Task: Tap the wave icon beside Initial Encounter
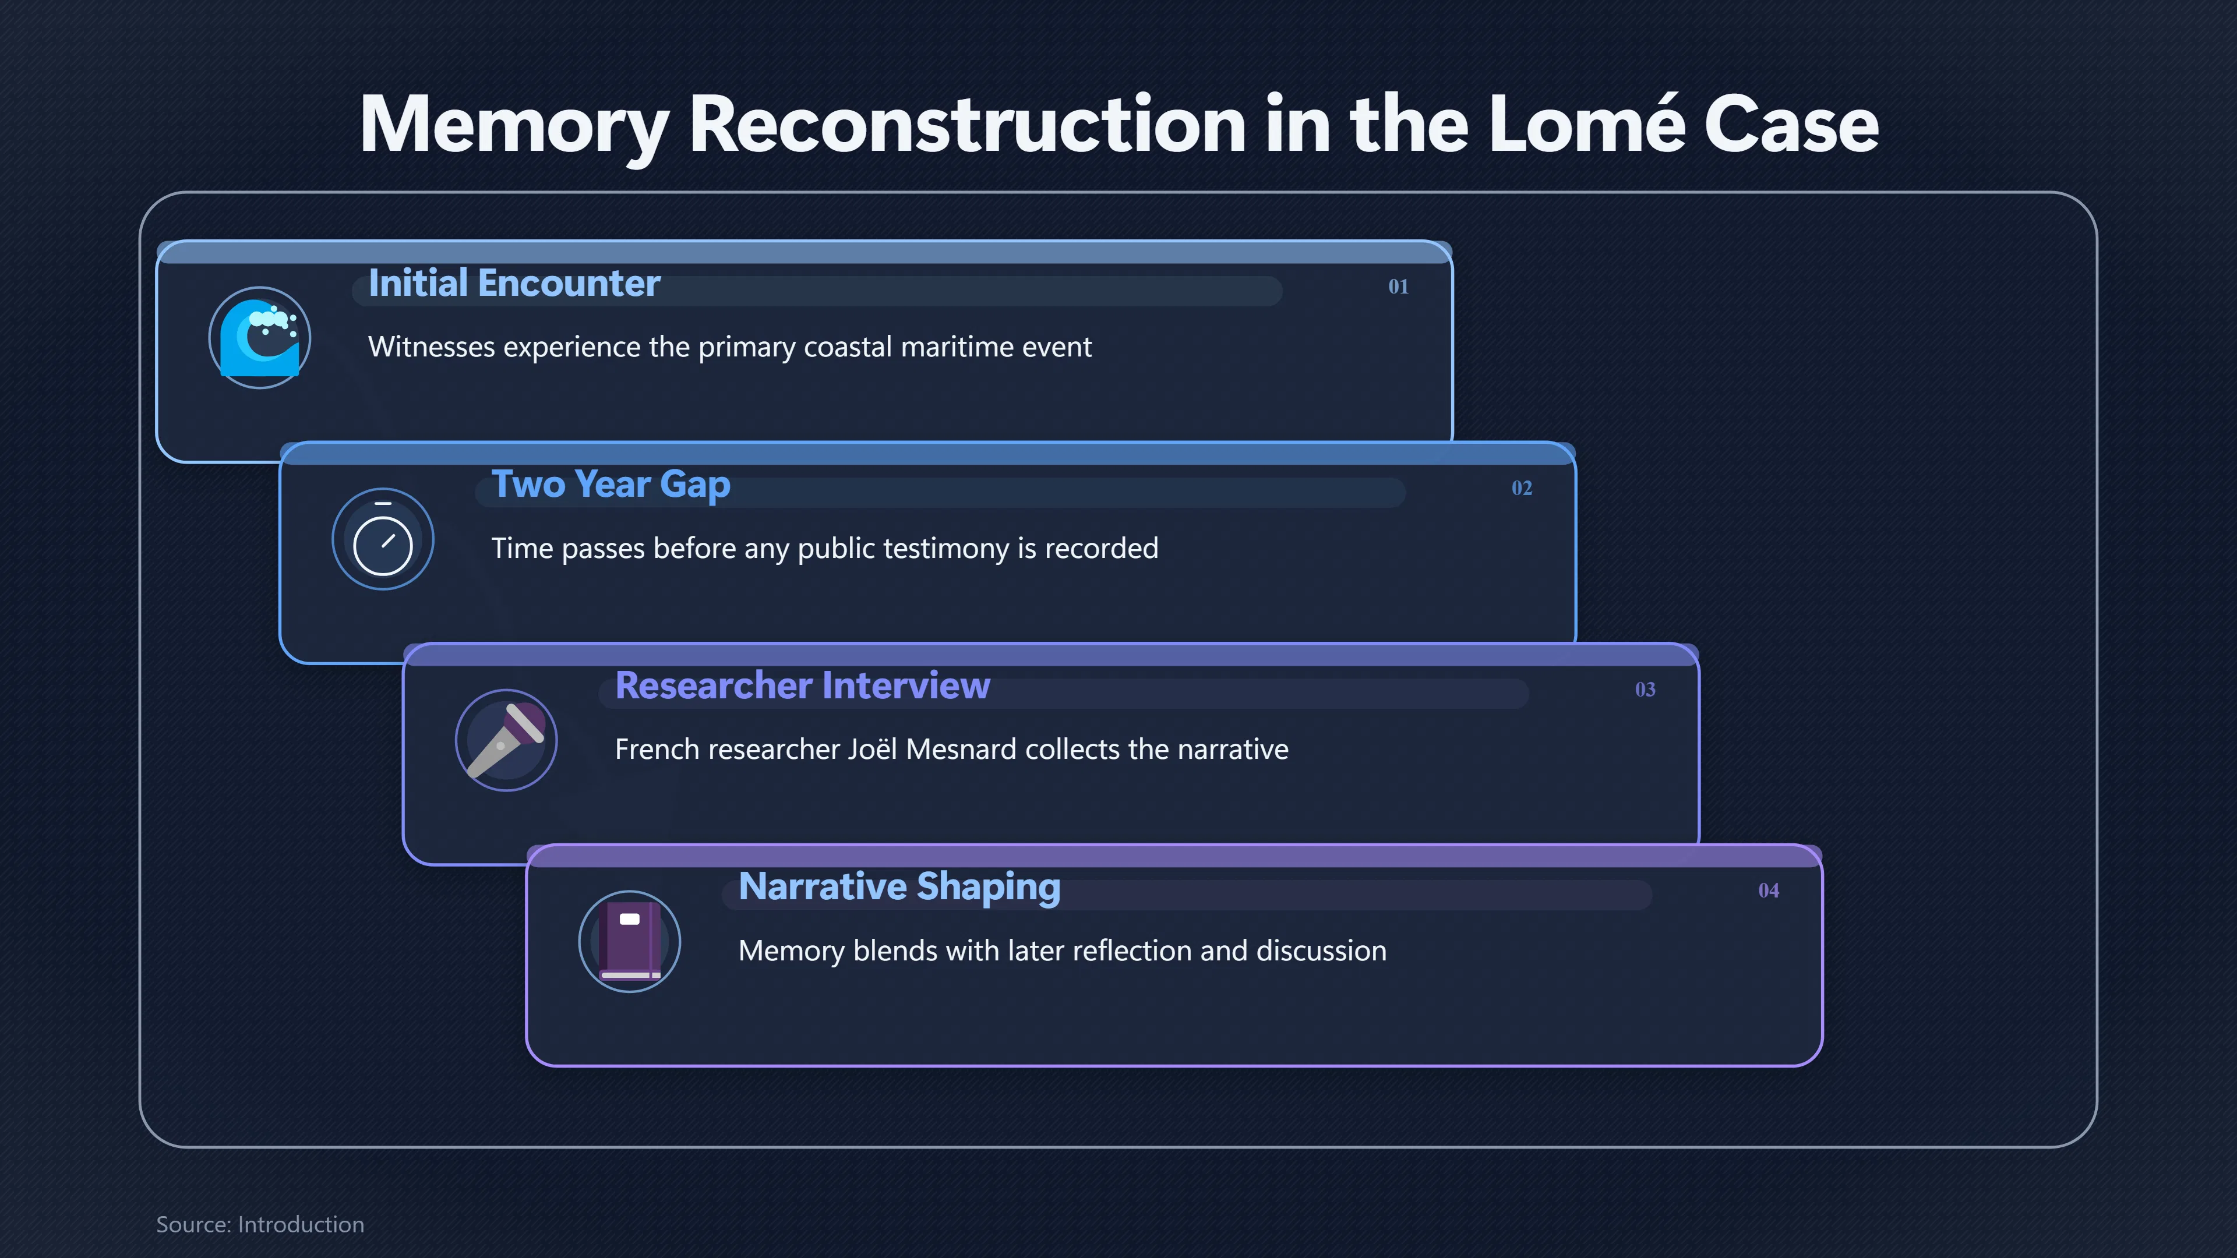tap(260, 338)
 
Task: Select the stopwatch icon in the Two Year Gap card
tap(383, 539)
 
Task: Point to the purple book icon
tap(630, 942)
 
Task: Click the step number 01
tap(1398, 287)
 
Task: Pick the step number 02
tap(1522, 488)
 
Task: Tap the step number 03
tap(1645, 690)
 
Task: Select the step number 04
tap(1768, 891)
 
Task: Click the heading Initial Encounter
tap(514, 283)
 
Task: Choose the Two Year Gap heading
tap(611, 485)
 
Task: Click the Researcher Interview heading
tap(802, 686)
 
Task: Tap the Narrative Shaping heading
tap(899, 887)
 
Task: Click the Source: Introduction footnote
tap(260, 1224)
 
